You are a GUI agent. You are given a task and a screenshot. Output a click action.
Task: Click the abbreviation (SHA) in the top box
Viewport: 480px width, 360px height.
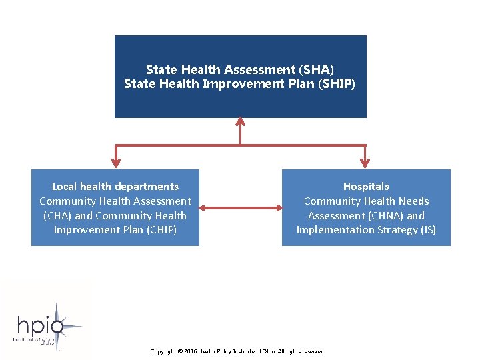point(316,69)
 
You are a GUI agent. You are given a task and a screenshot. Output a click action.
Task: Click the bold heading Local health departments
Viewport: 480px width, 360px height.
point(115,187)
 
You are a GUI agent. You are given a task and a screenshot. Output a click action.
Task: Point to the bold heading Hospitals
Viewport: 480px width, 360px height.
point(366,187)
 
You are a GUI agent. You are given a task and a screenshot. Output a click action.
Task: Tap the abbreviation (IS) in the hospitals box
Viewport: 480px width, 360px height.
point(428,230)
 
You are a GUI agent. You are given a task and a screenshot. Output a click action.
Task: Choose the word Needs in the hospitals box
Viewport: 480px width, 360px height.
point(413,201)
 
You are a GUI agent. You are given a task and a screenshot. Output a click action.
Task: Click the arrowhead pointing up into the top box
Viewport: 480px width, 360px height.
point(240,122)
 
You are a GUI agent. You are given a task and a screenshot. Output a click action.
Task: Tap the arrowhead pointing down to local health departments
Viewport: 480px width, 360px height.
point(116,163)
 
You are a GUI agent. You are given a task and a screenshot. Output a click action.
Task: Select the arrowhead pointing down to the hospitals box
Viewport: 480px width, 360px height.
point(365,163)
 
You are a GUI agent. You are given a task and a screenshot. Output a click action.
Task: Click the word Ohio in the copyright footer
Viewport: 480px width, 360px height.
point(267,351)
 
